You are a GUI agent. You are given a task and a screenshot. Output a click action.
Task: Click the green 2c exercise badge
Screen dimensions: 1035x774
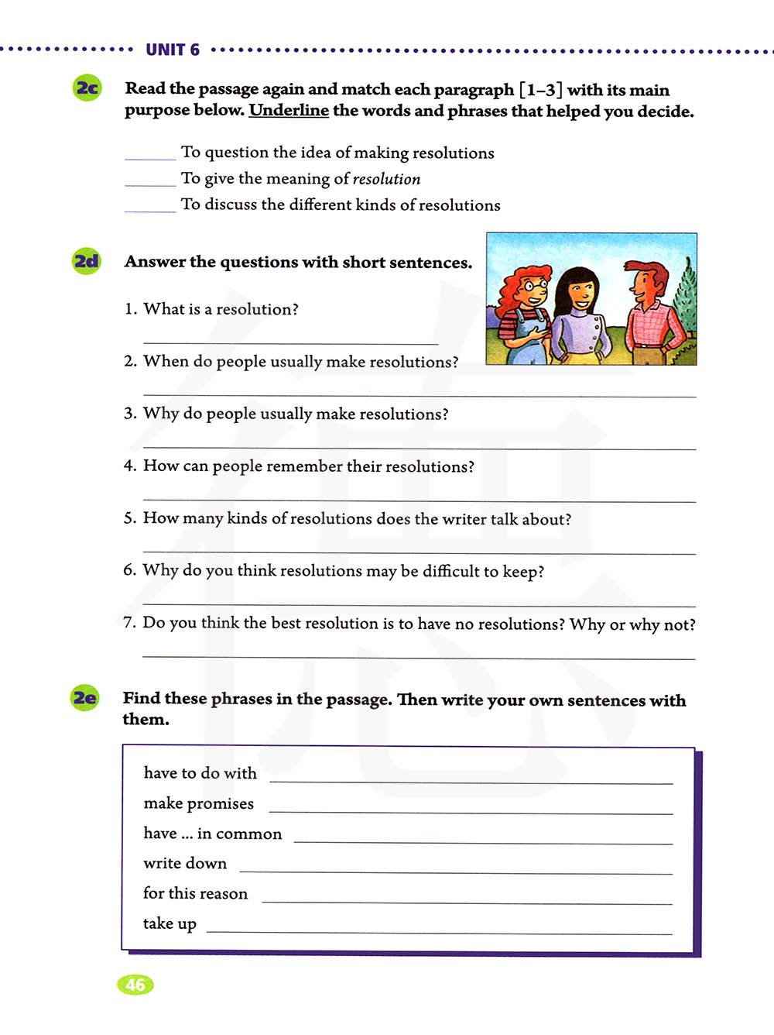tap(87, 88)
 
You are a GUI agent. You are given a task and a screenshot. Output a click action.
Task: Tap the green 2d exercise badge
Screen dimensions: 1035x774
tap(87, 261)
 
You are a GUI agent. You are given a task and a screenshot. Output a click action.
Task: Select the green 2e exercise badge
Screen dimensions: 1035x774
tap(85, 698)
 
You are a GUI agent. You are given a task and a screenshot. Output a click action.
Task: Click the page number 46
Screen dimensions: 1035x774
tap(135, 985)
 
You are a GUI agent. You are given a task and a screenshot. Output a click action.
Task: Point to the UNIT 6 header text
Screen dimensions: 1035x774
tap(173, 50)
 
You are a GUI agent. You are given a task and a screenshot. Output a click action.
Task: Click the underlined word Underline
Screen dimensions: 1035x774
tap(289, 110)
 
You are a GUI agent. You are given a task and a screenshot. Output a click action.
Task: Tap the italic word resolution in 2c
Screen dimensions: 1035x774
tap(386, 179)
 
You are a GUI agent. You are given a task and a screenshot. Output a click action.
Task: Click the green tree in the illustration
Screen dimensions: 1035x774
tap(683, 302)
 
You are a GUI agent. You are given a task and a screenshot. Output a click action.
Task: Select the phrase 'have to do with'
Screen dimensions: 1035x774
tap(200, 773)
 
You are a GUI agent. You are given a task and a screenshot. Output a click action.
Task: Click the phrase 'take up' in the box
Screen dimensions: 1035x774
tap(170, 923)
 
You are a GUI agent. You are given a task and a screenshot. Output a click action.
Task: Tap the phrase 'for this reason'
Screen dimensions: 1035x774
tap(195, 893)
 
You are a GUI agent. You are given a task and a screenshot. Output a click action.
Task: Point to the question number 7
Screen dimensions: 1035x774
tap(129, 623)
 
